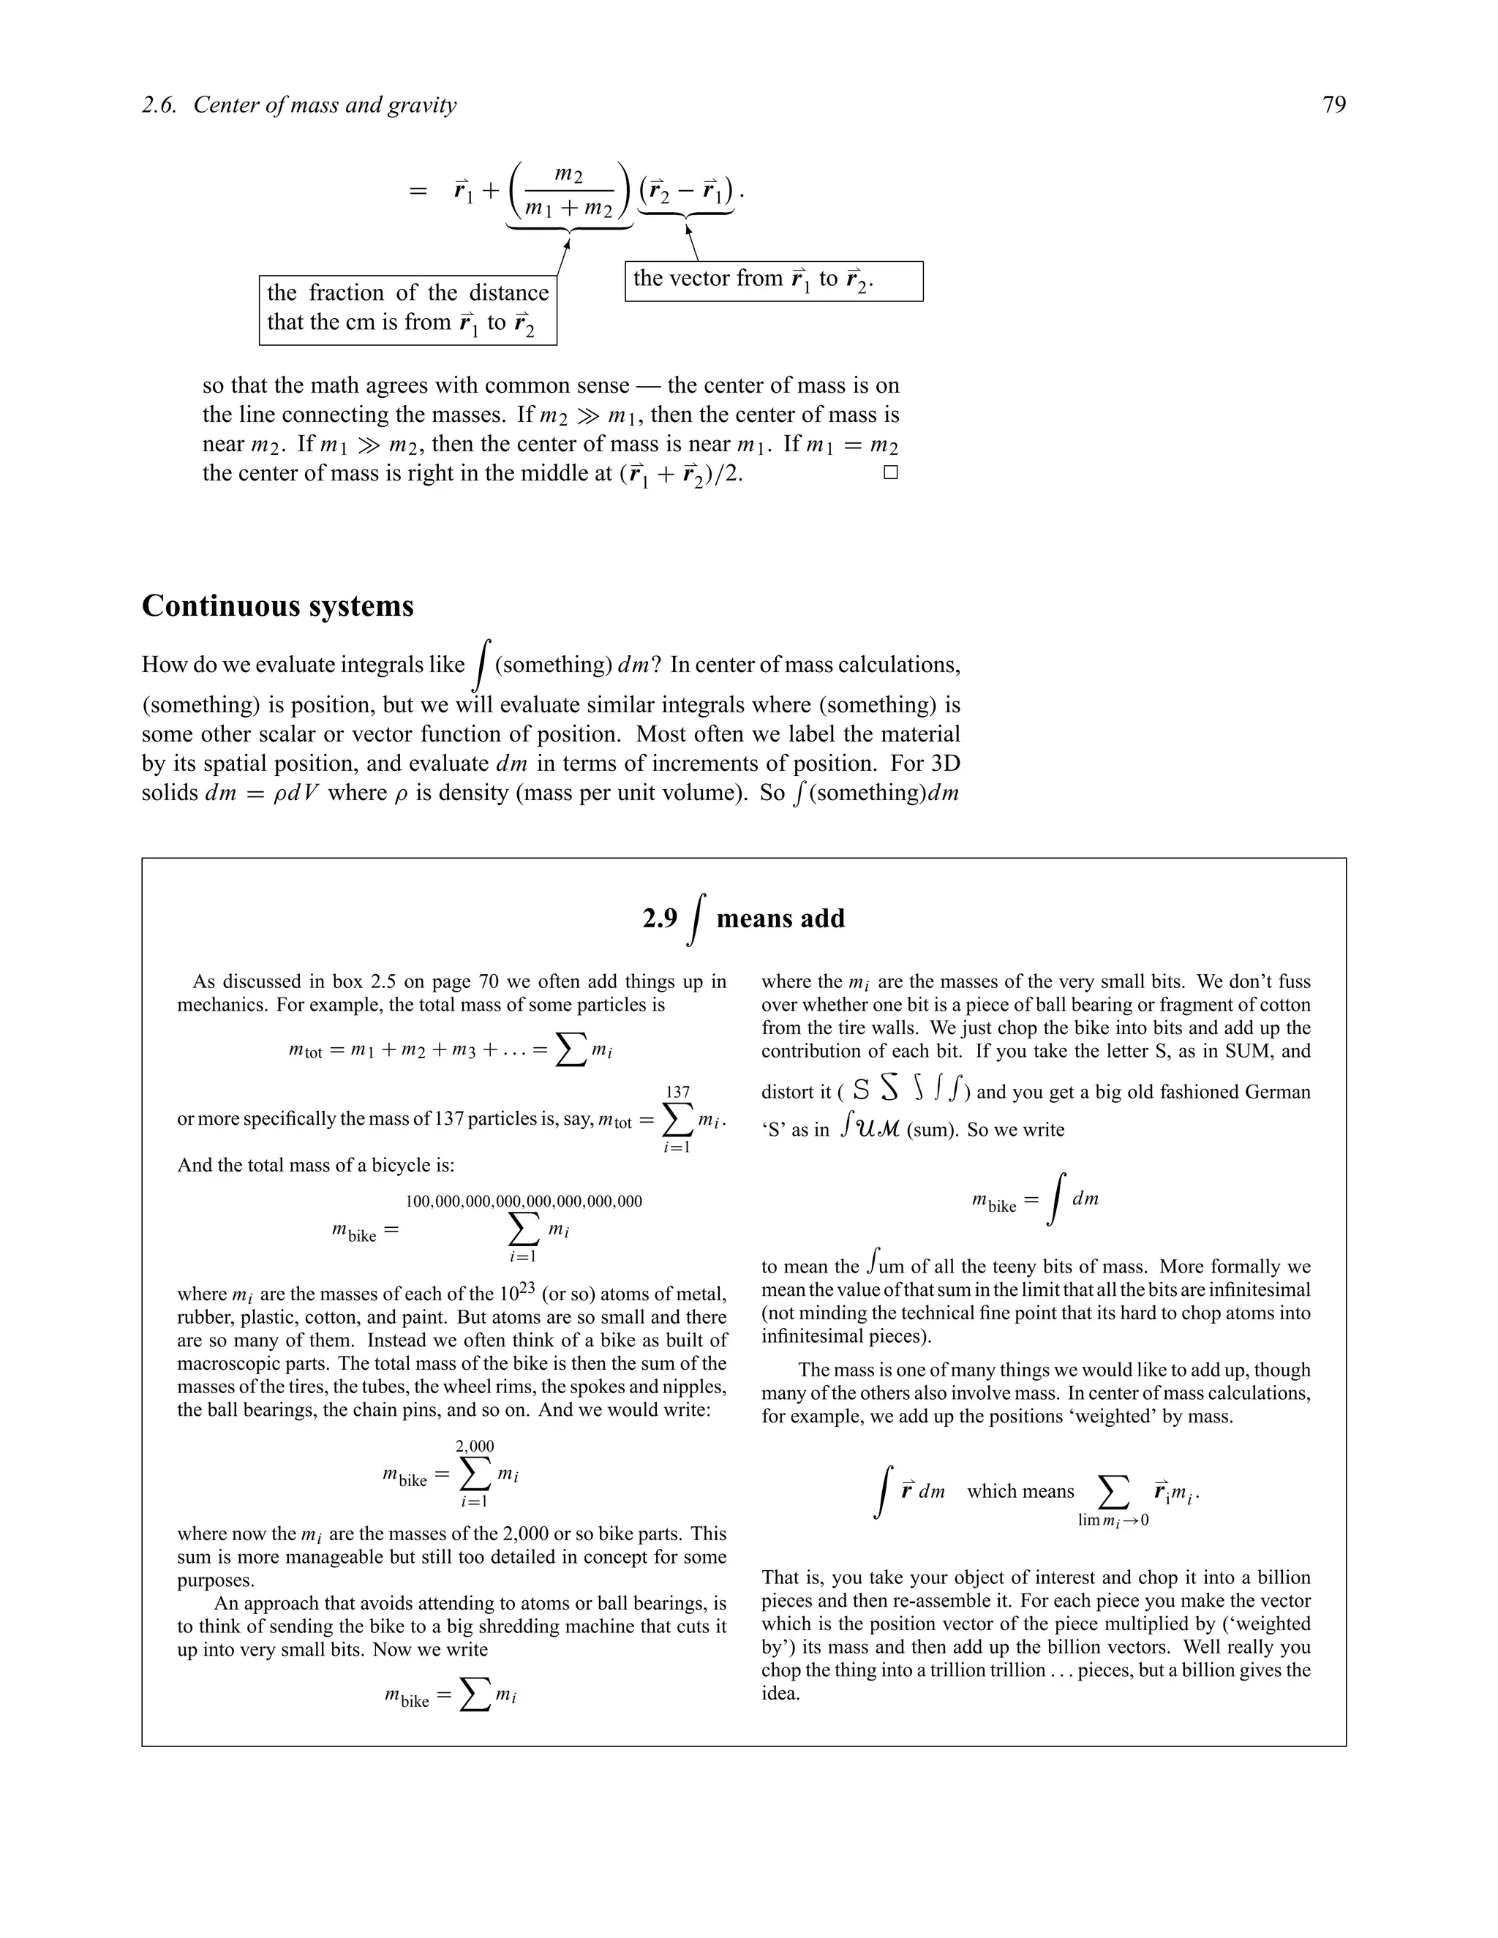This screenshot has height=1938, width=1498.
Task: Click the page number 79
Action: (1333, 105)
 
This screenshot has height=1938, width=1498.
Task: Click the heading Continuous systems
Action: (278, 606)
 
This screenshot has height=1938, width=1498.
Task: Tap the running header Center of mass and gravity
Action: (325, 105)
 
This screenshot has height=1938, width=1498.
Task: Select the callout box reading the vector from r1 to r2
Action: (774, 280)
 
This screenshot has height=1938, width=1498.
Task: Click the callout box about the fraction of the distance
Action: (407, 308)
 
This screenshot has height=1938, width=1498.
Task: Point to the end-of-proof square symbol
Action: (891, 473)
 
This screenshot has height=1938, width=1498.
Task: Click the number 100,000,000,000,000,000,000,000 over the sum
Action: (524, 1202)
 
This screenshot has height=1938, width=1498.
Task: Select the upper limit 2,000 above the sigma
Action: (475, 1447)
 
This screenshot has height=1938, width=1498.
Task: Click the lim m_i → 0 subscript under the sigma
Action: (1113, 1520)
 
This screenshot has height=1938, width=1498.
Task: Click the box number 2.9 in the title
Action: (659, 919)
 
